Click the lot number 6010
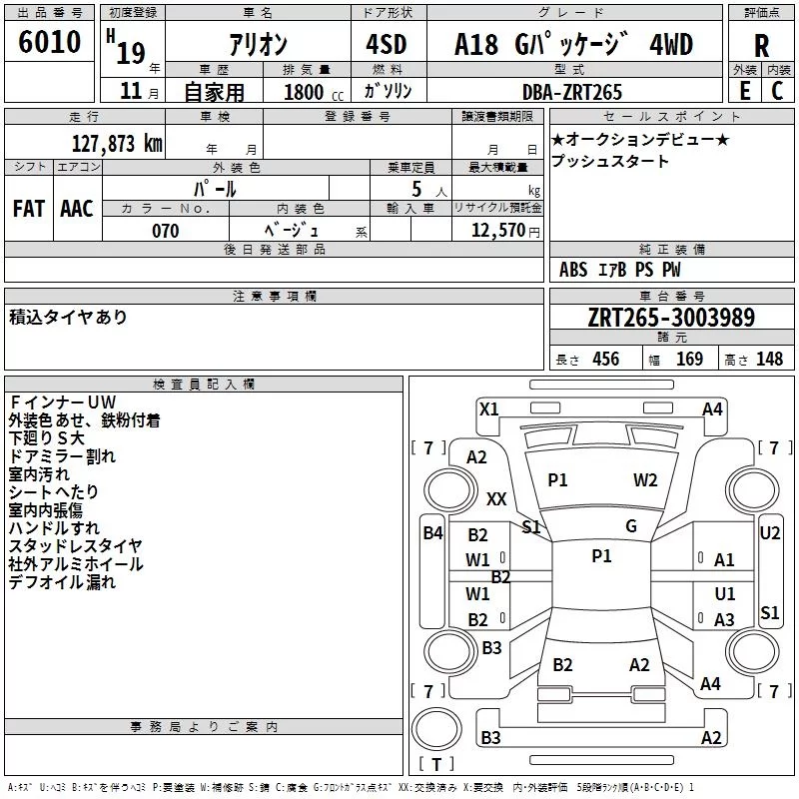click(x=49, y=42)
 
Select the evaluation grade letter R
click(x=761, y=46)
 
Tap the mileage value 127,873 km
click(x=117, y=144)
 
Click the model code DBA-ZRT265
click(x=571, y=92)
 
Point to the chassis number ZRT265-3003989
click(x=671, y=317)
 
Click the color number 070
click(x=166, y=231)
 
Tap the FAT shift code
click(x=29, y=209)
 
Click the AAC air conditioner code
click(x=77, y=209)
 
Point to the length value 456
click(x=606, y=360)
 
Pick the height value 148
click(x=769, y=360)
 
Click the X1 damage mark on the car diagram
click(x=488, y=409)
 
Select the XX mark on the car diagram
click(x=496, y=498)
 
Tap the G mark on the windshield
click(x=631, y=526)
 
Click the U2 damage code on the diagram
click(x=769, y=533)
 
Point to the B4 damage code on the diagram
click(x=433, y=533)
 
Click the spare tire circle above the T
click(x=436, y=729)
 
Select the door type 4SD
click(x=387, y=44)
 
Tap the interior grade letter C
click(x=777, y=91)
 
